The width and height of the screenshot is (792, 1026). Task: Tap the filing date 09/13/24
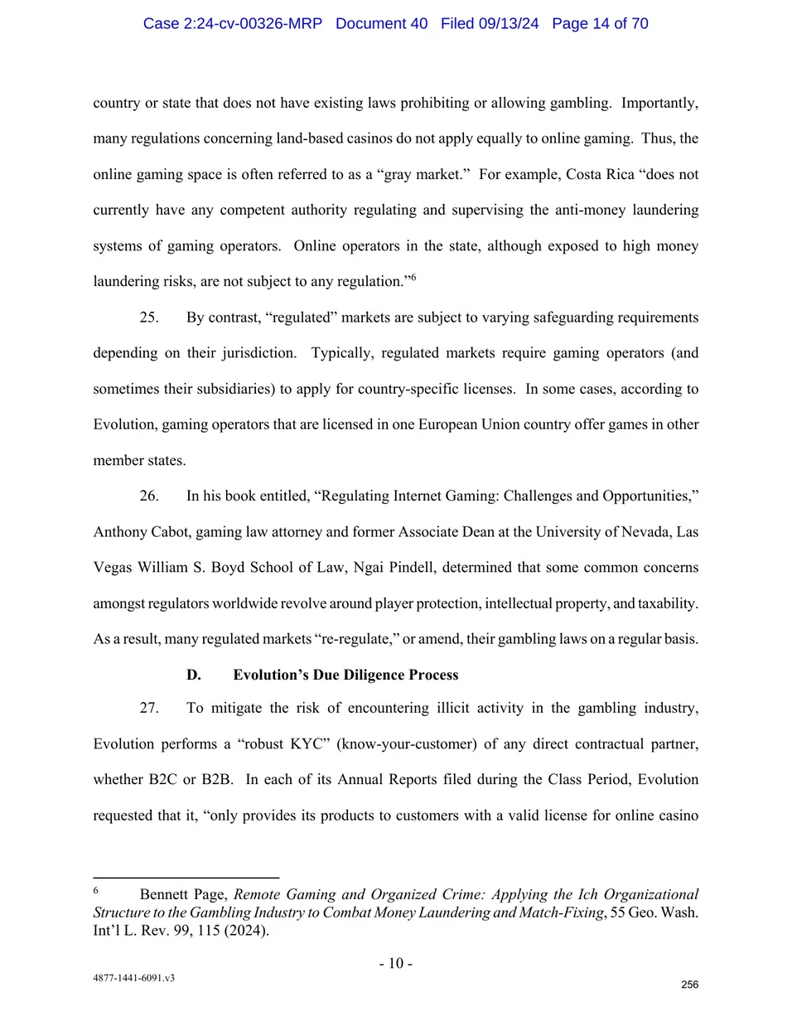coord(508,23)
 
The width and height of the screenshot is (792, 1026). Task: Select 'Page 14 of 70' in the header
coord(600,23)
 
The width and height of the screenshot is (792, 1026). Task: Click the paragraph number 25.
coord(149,317)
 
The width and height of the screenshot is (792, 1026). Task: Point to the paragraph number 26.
coord(149,496)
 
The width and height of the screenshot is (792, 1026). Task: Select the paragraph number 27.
coord(149,708)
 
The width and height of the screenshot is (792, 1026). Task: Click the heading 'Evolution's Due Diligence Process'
coord(345,675)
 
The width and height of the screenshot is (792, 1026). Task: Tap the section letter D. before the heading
coord(194,675)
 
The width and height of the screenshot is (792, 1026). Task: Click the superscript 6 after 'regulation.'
coord(413,278)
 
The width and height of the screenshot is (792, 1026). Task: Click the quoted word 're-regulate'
coord(355,638)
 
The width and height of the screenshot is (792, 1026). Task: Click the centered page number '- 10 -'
coord(396,963)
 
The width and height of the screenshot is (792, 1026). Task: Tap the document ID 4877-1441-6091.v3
coord(133,978)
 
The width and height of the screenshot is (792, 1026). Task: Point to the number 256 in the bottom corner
coord(689,985)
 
